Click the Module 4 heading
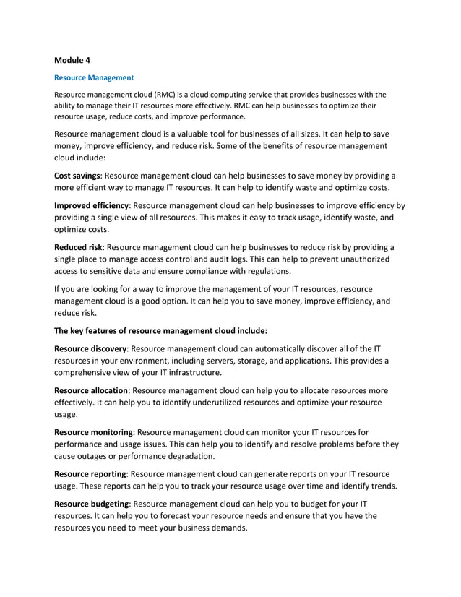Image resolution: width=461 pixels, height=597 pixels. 73,61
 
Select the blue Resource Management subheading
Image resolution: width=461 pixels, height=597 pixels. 94,77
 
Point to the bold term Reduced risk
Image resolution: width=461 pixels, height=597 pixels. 78,247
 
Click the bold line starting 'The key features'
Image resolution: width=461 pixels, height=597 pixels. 160,330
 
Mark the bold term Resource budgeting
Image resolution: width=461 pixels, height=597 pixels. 92,503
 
